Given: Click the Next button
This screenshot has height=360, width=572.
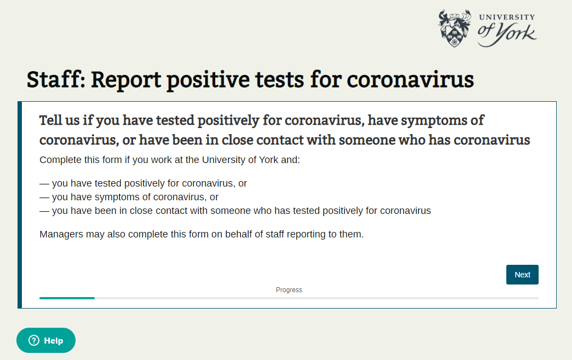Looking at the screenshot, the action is pyautogui.click(x=522, y=275).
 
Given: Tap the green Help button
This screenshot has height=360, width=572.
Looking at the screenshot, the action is pyautogui.click(x=46, y=340).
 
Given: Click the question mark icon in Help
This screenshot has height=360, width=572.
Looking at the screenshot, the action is pyautogui.click(x=34, y=340).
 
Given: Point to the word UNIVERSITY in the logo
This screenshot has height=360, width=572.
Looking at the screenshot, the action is pyautogui.click(x=507, y=17).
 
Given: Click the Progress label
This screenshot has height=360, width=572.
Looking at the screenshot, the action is pyautogui.click(x=289, y=290).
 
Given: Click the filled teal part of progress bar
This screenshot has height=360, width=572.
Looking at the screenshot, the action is pyautogui.click(x=67, y=298).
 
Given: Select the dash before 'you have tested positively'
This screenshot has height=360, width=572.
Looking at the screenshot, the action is pyautogui.click(x=44, y=183).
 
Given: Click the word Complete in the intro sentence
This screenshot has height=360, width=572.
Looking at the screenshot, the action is pyautogui.click(x=61, y=160).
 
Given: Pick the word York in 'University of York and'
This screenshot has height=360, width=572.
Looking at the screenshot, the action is pyautogui.click(x=269, y=160).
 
